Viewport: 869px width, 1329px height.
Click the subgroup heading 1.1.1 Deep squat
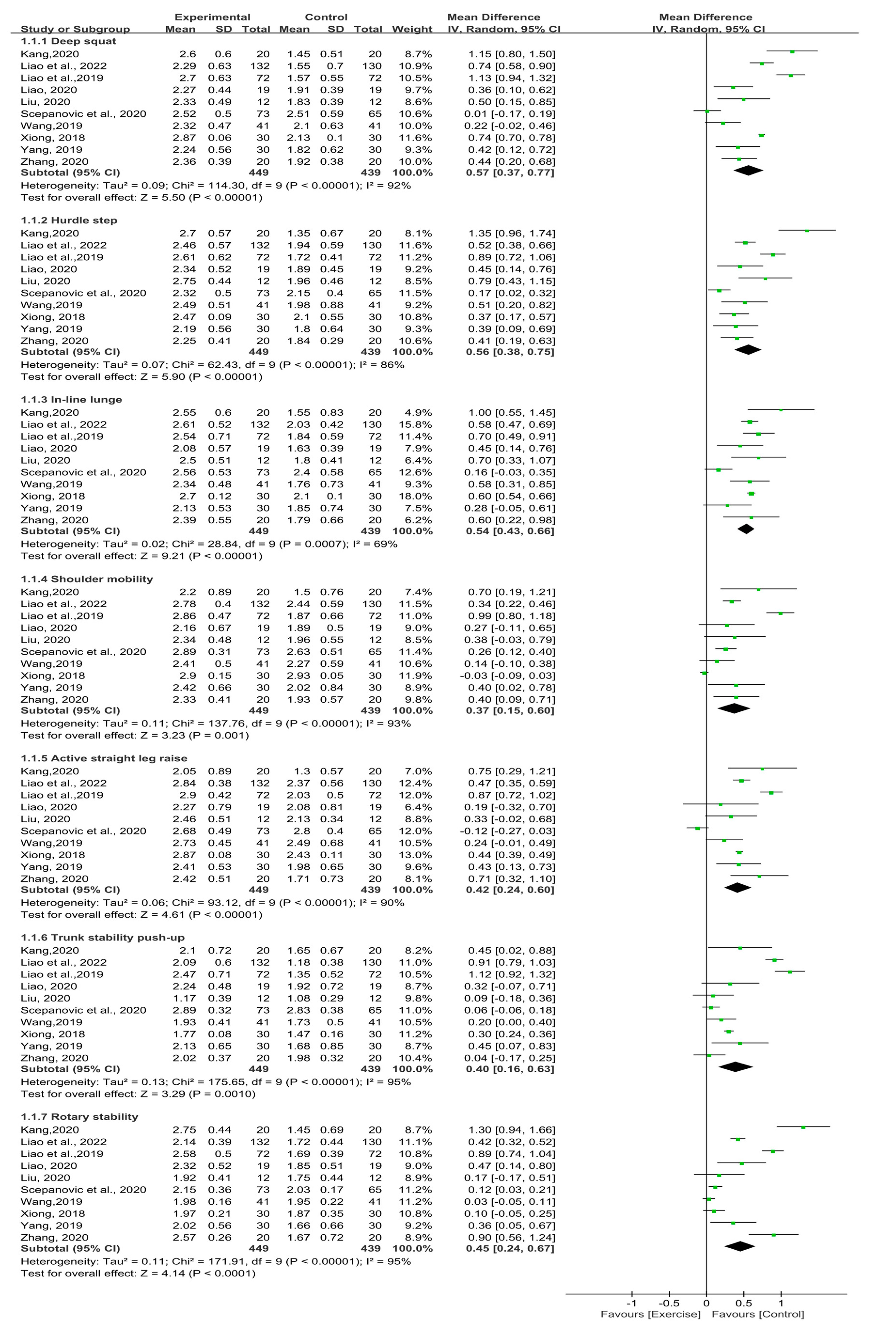68,41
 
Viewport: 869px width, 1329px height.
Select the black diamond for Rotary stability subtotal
740,1246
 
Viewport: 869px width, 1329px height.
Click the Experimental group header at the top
212,17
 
